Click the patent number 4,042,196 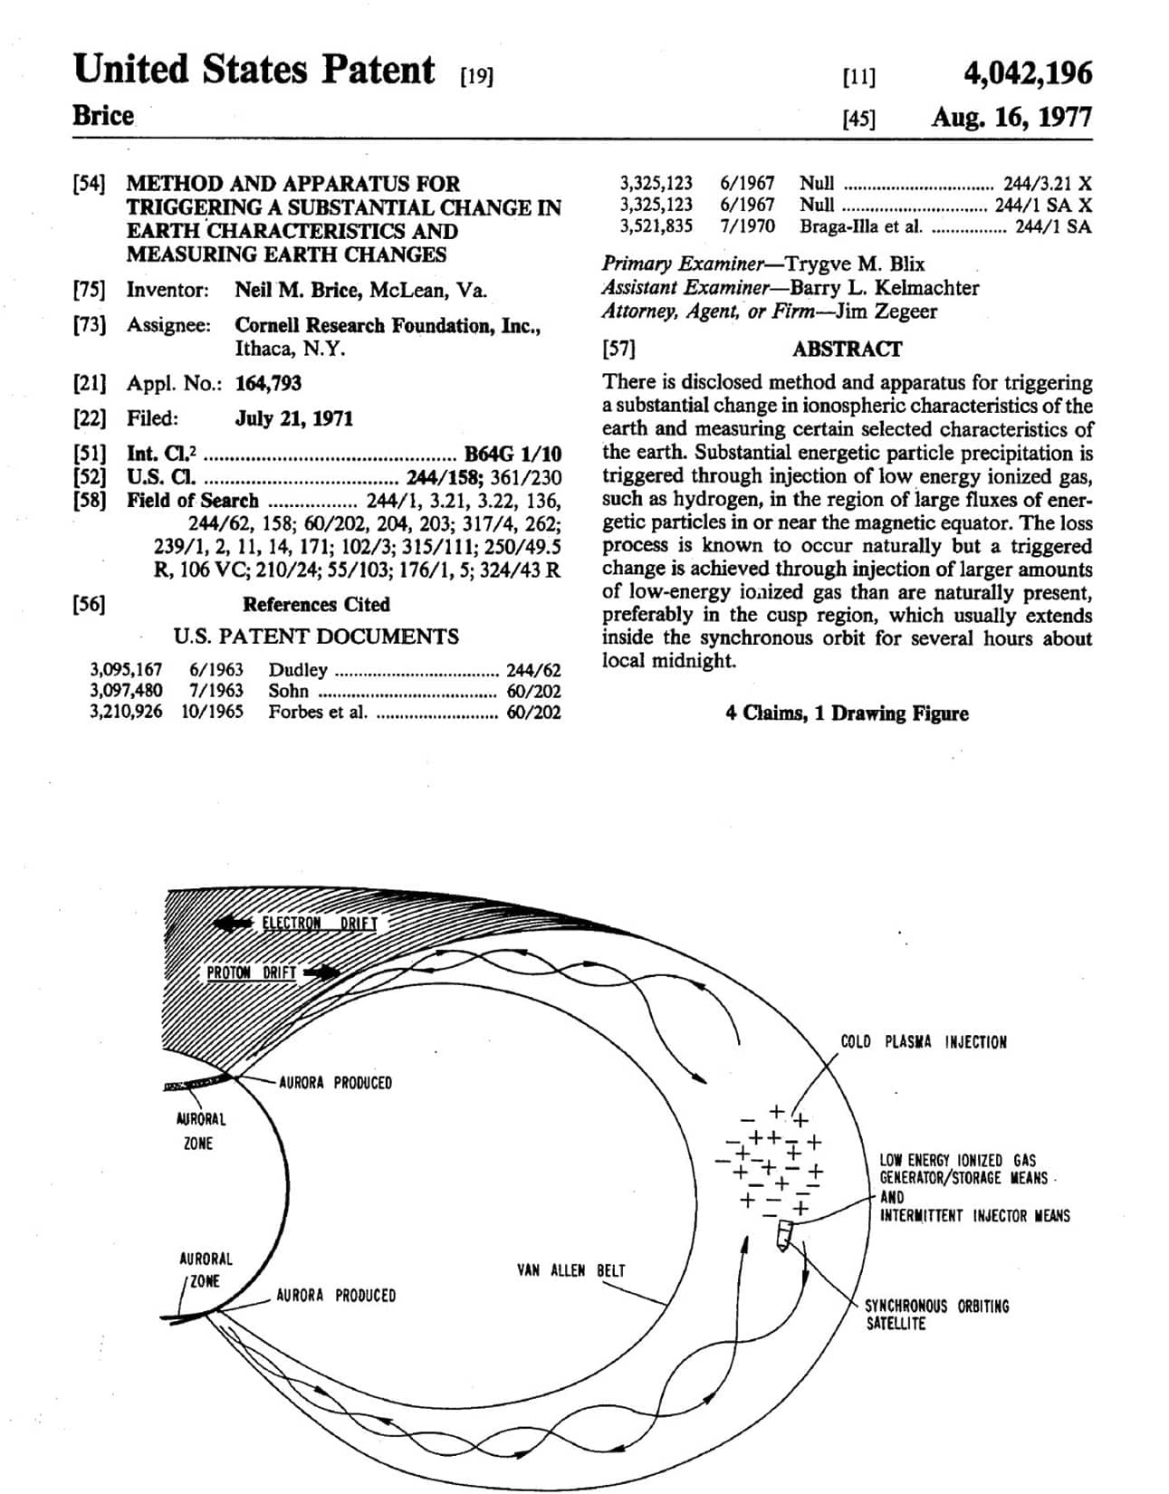(x=1028, y=73)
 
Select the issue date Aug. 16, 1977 (x=1011, y=117)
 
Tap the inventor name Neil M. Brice (x=298, y=290)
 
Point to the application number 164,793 (x=269, y=383)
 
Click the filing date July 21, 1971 (x=294, y=418)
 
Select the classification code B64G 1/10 (x=513, y=454)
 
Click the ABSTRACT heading (x=847, y=349)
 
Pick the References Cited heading (x=316, y=604)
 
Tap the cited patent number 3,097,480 (x=127, y=690)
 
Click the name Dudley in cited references (x=298, y=670)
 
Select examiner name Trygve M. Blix (x=855, y=264)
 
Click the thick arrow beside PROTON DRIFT (x=321, y=972)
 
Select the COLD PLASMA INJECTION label (x=924, y=1041)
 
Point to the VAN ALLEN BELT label (x=571, y=1269)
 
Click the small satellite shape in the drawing (x=783, y=1235)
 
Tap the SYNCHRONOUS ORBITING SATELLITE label (x=936, y=1315)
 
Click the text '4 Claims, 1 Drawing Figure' (x=847, y=713)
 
